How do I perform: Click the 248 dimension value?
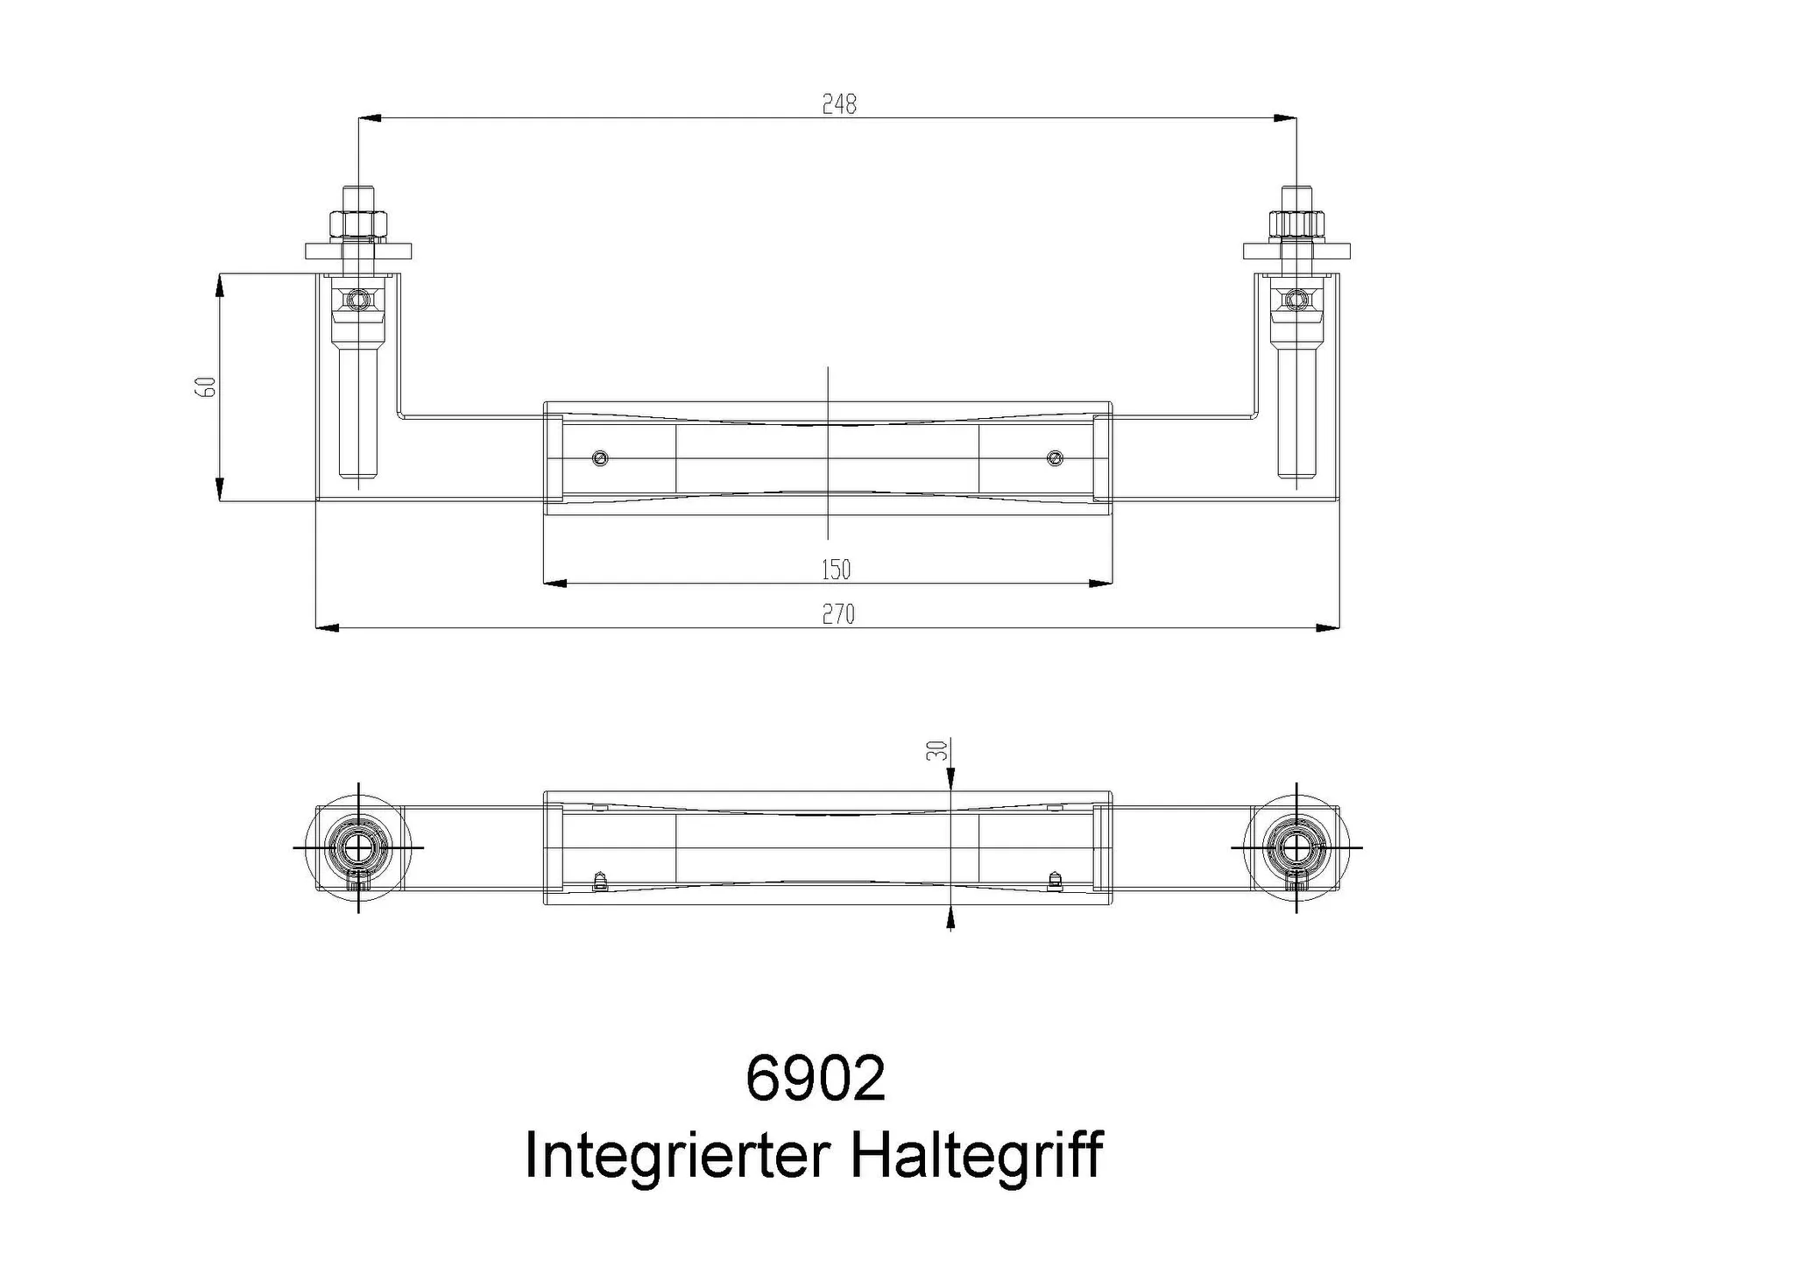point(838,104)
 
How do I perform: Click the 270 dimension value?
point(837,614)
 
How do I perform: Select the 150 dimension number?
point(836,570)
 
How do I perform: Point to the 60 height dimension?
point(205,386)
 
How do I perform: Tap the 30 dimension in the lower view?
point(937,750)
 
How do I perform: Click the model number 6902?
point(815,1079)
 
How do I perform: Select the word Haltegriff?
point(976,1156)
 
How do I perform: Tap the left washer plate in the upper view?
point(357,251)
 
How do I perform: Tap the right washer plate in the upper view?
point(1296,251)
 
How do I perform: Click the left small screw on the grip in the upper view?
point(600,458)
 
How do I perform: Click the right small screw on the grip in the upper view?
point(1055,458)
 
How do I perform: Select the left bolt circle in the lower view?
point(357,847)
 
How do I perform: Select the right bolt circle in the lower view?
point(1296,847)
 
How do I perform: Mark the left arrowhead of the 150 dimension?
point(555,583)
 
